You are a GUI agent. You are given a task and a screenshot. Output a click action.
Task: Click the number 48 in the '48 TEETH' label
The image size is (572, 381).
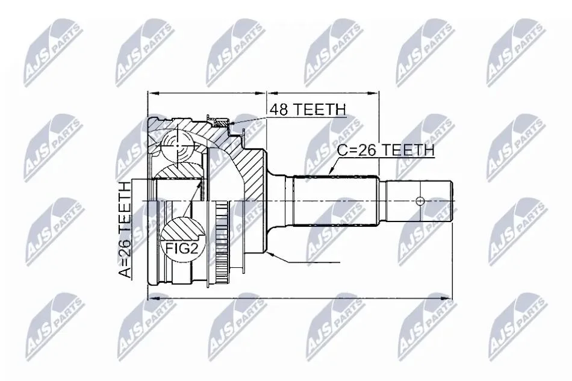[x=279, y=110]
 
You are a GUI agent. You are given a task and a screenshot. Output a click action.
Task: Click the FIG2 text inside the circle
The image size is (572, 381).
[x=181, y=249]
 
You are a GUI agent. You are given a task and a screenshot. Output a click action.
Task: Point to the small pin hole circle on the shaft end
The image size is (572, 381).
[x=420, y=201]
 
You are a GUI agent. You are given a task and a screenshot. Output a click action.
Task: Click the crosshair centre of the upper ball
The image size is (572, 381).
[x=178, y=146]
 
